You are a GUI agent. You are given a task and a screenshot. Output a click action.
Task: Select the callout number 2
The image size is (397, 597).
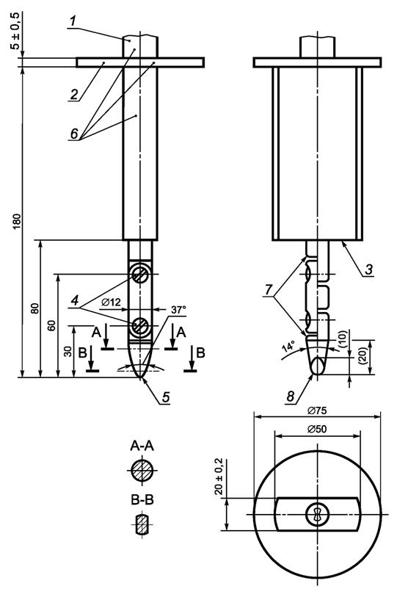pyautogui.click(x=74, y=94)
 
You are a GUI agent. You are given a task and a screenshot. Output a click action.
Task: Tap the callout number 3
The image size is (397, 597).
pyautogui.click(x=368, y=269)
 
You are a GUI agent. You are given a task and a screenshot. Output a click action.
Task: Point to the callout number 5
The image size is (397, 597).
pyautogui.click(x=166, y=397)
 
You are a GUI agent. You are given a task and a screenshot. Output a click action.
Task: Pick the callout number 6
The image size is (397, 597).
pyautogui.click(x=74, y=134)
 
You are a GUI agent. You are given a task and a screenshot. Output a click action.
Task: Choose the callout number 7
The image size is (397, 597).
pyautogui.click(x=269, y=290)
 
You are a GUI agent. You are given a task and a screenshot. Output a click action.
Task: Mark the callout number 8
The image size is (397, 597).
pyautogui.click(x=291, y=397)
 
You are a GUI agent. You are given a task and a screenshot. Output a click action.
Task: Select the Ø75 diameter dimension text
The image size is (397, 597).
pyautogui.click(x=318, y=410)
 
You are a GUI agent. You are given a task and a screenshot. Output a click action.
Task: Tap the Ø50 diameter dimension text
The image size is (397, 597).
pyautogui.click(x=318, y=429)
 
